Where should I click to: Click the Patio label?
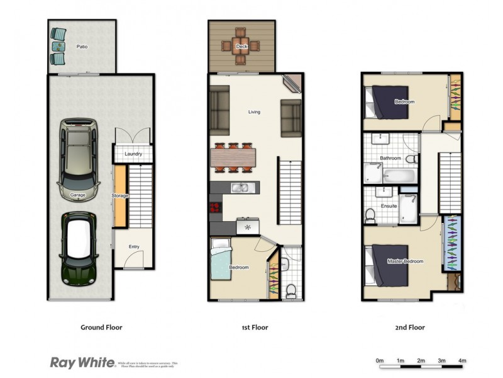click(x=82, y=47)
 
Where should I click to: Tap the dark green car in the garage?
click(x=79, y=248)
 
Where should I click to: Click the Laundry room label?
click(x=133, y=154)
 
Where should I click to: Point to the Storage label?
click(x=120, y=196)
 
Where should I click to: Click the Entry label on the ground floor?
click(x=135, y=246)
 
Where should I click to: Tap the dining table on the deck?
click(x=241, y=47)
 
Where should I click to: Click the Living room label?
click(x=254, y=112)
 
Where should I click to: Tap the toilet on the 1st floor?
click(x=290, y=290)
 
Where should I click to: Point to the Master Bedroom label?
click(x=405, y=261)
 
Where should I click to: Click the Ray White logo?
click(x=82, y=362)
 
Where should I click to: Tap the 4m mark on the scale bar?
click(x=462, y=360)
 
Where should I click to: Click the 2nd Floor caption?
click(x=409, y=328)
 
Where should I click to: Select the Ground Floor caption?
click(x=101, y=328)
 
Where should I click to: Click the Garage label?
click(x=78, y=195)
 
